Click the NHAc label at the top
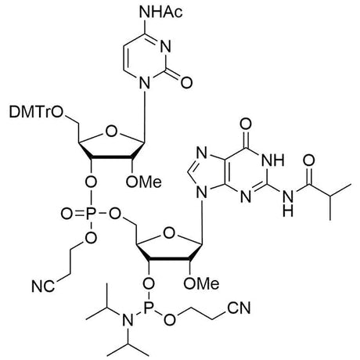pos(161,12)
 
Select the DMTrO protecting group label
pos(36,113)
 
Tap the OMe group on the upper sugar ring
pos(143,182)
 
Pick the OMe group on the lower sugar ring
pos(201,283)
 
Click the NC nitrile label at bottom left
pos(43,286)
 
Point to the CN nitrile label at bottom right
pos(239,308)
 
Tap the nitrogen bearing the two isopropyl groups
pos(128,320)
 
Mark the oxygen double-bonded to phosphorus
pos(67,214)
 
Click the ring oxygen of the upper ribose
pos(111,131)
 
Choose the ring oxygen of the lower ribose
pos(169,233)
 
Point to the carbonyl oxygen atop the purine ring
pos(246,124)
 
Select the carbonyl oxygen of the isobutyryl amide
pos(309,160)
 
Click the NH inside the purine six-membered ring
pos(272,160)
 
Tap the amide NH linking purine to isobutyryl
pos(288,203)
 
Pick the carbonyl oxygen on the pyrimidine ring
pos(187,82)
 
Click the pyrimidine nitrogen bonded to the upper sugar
pos(146,83)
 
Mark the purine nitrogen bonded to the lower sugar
pos(203,193)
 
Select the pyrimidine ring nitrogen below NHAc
pos(165,47)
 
